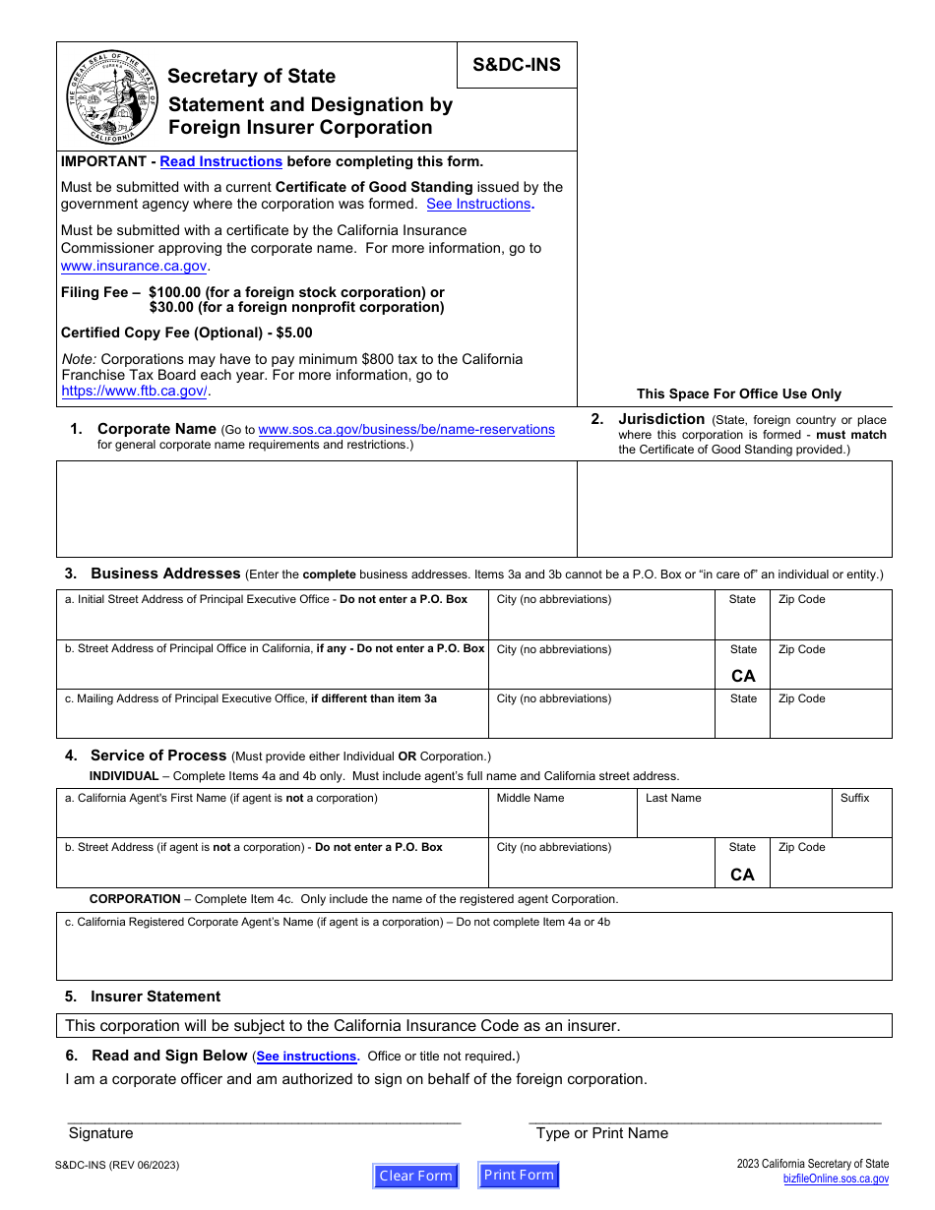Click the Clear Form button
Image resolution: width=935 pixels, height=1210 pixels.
[415, 1176]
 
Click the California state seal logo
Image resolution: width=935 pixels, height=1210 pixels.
[111, 96]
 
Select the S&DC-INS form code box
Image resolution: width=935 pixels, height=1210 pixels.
[517, 65]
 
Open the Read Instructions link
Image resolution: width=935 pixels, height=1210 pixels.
[220, 161]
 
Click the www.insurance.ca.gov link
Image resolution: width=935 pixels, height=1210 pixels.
[134, 266]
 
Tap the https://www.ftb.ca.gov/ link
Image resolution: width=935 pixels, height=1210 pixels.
[135, 391]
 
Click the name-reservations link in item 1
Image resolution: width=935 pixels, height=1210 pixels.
[406, 429]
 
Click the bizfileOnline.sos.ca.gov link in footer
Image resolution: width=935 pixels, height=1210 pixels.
[836, 1179]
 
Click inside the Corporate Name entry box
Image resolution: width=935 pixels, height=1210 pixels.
[316, 509]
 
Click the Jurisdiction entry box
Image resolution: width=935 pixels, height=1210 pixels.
[734, 509]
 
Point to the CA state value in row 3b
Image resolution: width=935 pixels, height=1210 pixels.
[743, 676]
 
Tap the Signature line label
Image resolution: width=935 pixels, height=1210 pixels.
[100, 1133]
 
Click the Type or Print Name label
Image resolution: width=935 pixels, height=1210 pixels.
[601, 1133]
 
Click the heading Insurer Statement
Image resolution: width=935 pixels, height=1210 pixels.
[156, 997]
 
